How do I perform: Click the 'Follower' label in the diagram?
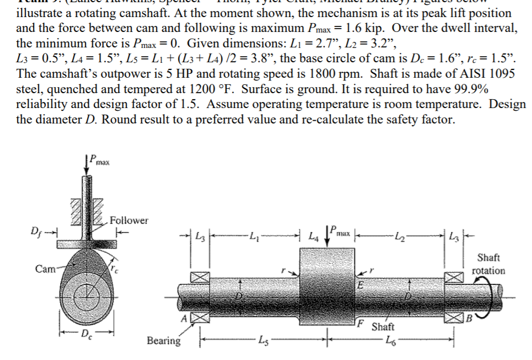point(130,221)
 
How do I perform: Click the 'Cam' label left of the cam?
point(45,269)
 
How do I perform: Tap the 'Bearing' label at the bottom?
point(164,340)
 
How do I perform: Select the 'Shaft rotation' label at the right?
point(488,264)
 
